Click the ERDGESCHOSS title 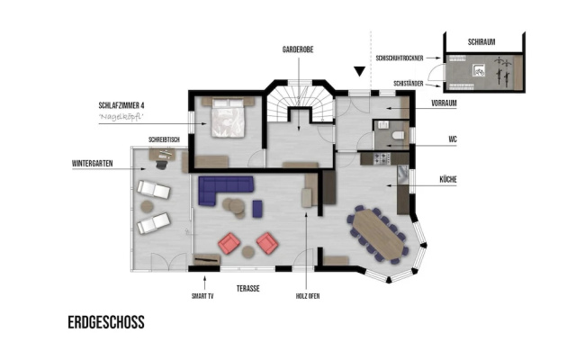[x=106, y=322]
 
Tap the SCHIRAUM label [x=481, y=42]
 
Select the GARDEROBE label [x=298, y=49]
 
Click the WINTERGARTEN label [x=92, y=164]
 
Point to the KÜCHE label [x=448, y=179]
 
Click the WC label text [x=453, y=139]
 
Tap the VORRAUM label [x=444, y=103]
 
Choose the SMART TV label [x=202, y=296]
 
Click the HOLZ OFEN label [x=308, y=296]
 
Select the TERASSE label [x=248, y=289]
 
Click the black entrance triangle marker [x=360, y=71]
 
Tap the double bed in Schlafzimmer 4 [x=228, y=118]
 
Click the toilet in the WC [x=398, y=136]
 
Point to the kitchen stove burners [x=382, y=158]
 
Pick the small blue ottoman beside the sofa [x=257, y=208]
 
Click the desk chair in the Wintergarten [x=161, y=164]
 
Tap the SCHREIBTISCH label [x=164, y=140]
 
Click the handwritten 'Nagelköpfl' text [x=121, y=117]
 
